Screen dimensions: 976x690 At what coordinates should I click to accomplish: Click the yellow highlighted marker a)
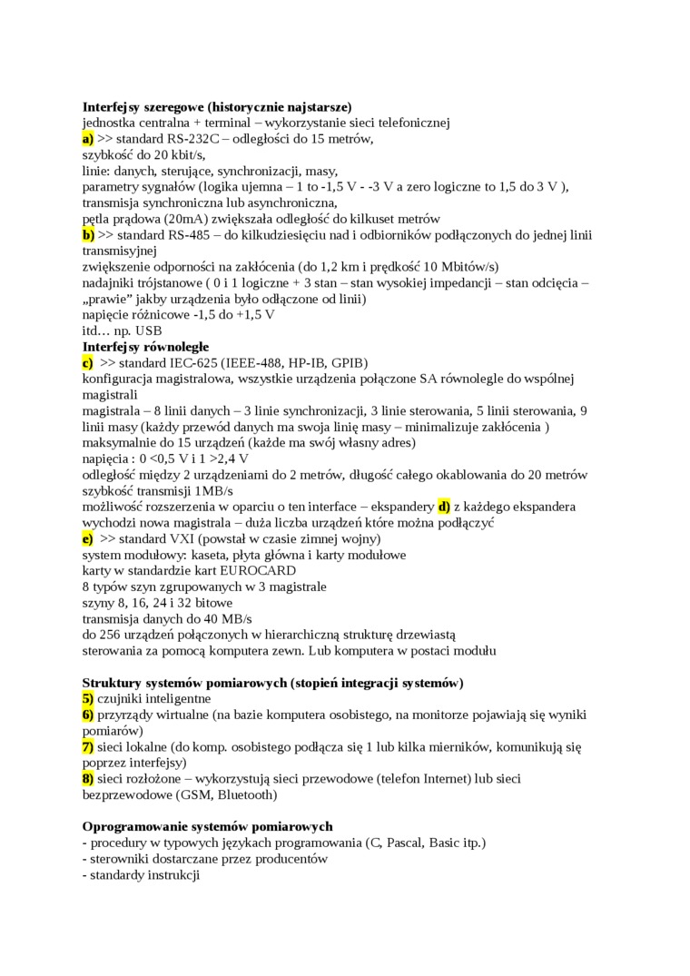88,139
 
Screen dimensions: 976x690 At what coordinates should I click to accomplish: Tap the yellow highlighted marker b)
88,234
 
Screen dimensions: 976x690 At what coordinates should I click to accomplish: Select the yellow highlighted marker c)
88,362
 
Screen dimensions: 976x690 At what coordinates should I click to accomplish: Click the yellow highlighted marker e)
88,537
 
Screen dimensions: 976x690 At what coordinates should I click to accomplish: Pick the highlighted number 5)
88,698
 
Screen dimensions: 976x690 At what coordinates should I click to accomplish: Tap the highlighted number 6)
88,715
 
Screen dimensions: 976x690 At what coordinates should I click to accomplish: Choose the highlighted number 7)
88,746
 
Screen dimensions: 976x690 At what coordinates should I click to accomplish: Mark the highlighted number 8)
88,778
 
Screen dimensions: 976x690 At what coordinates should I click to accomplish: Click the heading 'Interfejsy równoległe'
145,346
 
